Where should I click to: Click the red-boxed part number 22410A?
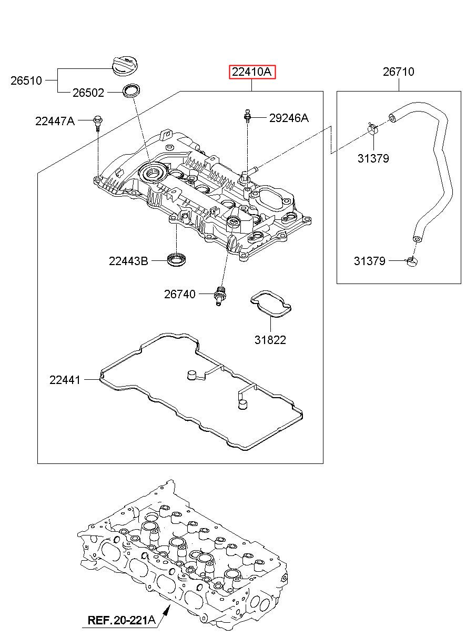coord(252,72)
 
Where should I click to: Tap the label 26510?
coord(26,81)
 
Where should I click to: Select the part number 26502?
coord(88,93)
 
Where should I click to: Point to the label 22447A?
coord(55,122)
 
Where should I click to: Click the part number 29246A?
coord(289,118)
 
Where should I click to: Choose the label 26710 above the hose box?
coord(398,72)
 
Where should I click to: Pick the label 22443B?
coord(128,261)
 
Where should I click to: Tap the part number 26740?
coord(180,294)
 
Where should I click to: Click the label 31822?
coord(270,340)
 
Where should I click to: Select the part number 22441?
coord(65,380)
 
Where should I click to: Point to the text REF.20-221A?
coord(121,620)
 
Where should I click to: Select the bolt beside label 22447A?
coord(98,123)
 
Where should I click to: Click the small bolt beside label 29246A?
coord(247,116)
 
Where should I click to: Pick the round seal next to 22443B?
coord(176,259)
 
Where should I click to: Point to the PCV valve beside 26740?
coord(220,296)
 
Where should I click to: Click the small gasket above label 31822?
coord(271,303)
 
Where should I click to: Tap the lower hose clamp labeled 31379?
coord(412,261)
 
